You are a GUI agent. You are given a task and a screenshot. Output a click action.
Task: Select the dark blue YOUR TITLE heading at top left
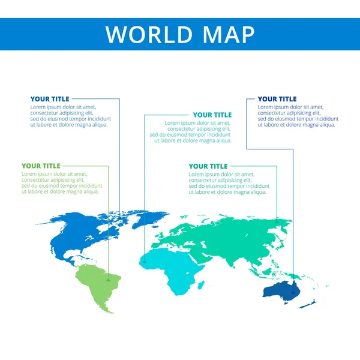tap(50, 99)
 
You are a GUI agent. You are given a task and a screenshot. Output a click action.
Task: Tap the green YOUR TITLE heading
tap(41, 166)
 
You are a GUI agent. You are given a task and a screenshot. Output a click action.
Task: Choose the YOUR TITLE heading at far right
tap(277, 99)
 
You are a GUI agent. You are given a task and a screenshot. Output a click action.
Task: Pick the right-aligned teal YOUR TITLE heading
tap(212, 115)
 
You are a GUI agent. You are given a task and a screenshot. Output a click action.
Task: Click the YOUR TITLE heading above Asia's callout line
tap(208, 166)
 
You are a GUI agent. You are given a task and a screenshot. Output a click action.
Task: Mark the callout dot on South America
tap(109, 279)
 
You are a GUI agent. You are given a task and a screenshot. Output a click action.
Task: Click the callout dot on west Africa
tap(145, 262)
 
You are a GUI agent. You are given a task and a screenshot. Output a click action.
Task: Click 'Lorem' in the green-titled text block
tap(30, 174)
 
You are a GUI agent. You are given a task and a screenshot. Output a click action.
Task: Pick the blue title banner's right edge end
tap(358, 34)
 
